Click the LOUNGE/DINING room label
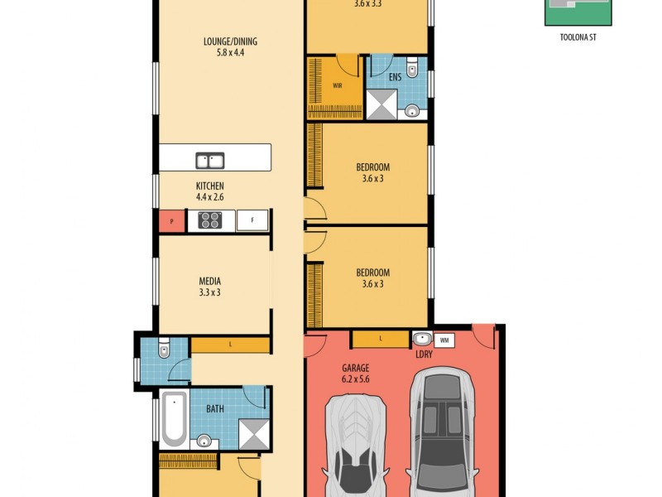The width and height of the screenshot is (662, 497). click(224, 41)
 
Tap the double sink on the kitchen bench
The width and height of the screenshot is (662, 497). click(209, 160)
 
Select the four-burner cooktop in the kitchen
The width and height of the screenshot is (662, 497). click(209, 220)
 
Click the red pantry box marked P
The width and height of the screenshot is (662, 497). click(171, 220)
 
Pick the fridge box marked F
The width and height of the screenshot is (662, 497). click(252, 220)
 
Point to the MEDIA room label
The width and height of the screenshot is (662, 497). click(209, 281)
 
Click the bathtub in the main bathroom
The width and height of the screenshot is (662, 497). click(173, 418)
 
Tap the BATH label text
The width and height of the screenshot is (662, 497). click(214, 408)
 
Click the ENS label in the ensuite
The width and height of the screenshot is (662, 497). click(396, 77)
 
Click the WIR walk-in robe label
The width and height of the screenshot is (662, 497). click(338, 85)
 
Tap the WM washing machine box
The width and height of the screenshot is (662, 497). click(444, 340)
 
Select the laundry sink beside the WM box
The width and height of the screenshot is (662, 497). click(421, 338)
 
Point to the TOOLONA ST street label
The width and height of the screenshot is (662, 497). click(578, 37)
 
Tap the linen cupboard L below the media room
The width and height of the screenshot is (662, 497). click(230, 344)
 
